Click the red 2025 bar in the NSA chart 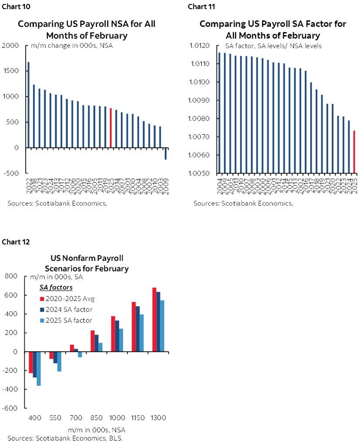click(110, 128)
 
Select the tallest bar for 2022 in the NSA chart click(29, 104)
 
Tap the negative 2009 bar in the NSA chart click(166, 154)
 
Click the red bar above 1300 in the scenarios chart click(154, 319)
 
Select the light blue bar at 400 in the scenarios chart click(39, 368)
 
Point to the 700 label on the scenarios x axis click(76, 418)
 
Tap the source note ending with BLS click(65, 438)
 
